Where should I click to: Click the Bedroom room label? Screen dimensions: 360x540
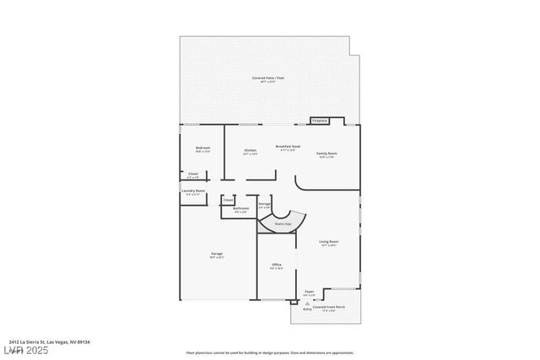tap(202, 148)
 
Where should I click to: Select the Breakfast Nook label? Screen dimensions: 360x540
tap(286, 147)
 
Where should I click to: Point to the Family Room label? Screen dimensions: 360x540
tap(327, 153)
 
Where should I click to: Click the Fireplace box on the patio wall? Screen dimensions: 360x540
tap(320, 121)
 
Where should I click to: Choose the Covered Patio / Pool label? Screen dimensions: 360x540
tap(269, 78)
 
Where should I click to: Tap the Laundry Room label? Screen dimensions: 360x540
tap(193, 191)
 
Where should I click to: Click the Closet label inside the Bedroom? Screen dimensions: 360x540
tap(193, 175)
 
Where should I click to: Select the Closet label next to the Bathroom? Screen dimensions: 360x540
tap(229, 200)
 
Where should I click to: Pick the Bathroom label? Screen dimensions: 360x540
tap(240, 208)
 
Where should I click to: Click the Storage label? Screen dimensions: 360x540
tap(264, 204)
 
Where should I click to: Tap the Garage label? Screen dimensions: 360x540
tap(217, 254)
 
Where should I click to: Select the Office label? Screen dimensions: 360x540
tap(276, 265)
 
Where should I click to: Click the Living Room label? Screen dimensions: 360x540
tap(328, 242)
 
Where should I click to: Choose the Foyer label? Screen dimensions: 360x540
tap(310, 291)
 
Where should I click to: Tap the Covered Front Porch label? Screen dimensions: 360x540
tap(329, 307)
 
